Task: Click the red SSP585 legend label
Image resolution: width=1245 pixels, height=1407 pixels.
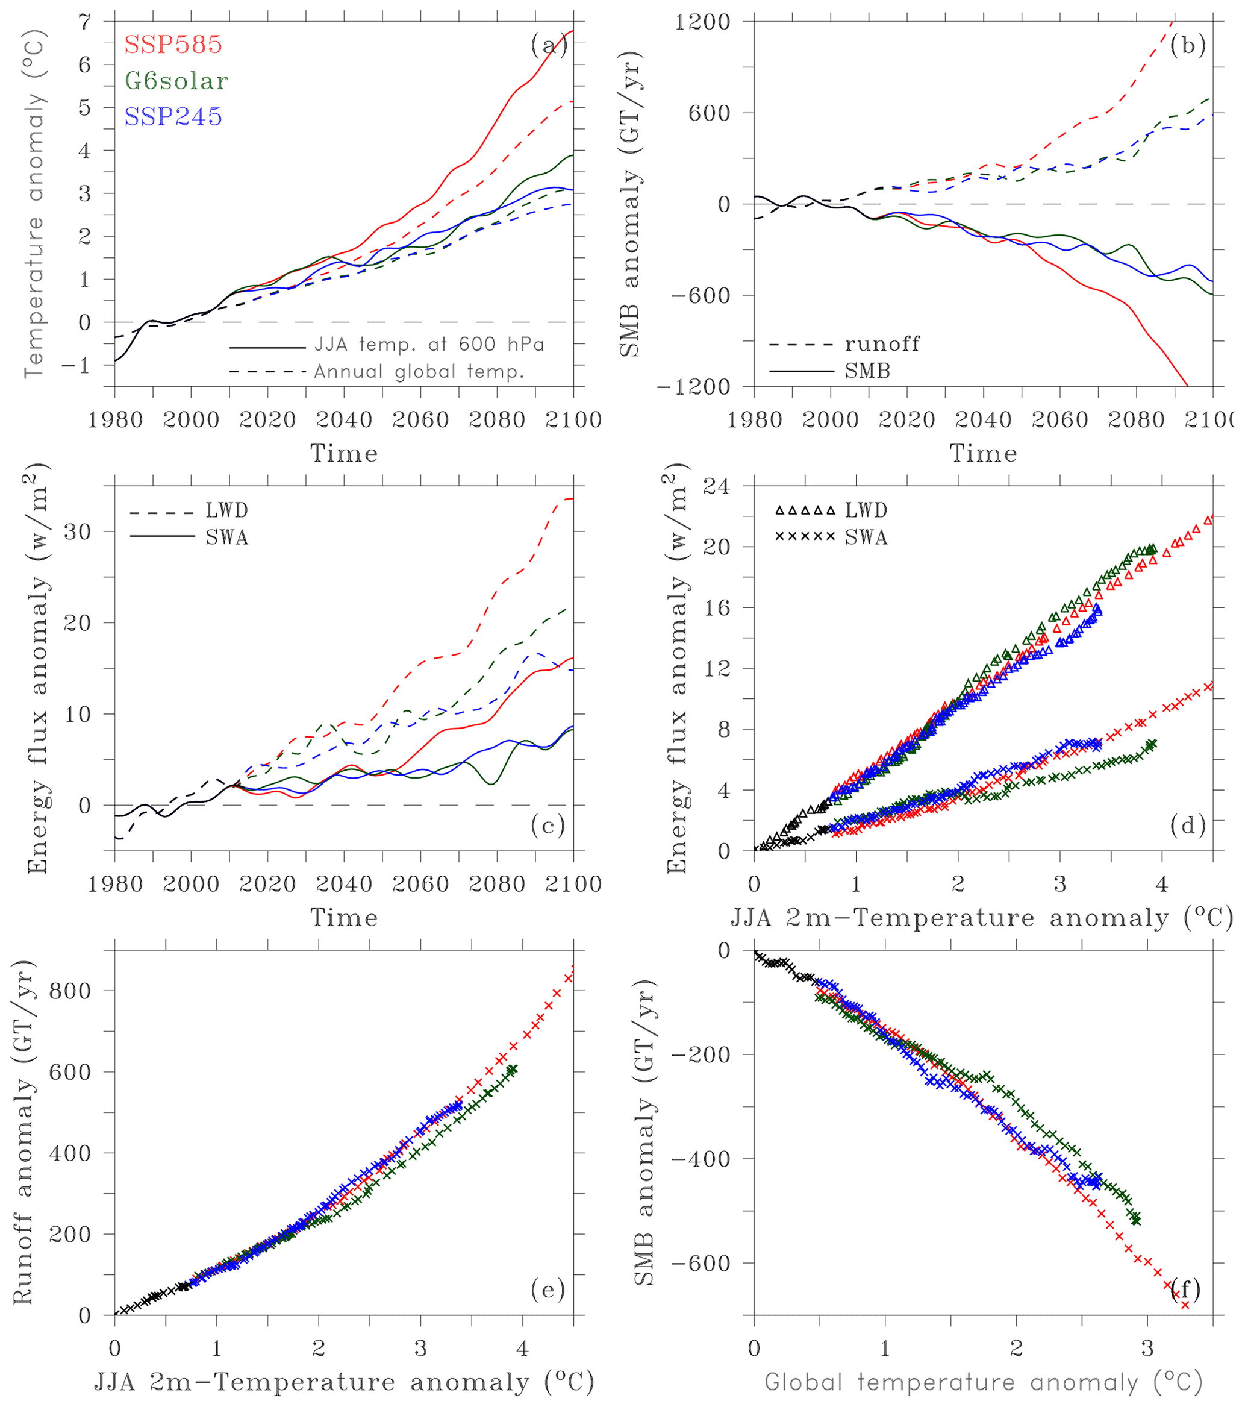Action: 173,45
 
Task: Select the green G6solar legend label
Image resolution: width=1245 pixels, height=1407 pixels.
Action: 176,81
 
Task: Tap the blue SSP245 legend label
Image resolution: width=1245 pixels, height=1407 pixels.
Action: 173,116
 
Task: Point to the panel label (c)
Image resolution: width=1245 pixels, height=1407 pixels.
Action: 548,826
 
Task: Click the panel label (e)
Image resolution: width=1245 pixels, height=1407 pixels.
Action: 548,1290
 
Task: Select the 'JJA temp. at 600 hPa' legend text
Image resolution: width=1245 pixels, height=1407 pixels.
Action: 429,344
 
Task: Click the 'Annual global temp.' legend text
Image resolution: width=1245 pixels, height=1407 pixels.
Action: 419,372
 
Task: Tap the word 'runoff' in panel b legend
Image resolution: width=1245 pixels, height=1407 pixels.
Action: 882,344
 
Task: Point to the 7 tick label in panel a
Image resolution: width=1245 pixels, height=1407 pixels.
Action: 85,22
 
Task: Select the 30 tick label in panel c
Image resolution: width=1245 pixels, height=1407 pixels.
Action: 78,531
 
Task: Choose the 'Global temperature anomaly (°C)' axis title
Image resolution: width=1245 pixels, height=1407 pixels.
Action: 984,1382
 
